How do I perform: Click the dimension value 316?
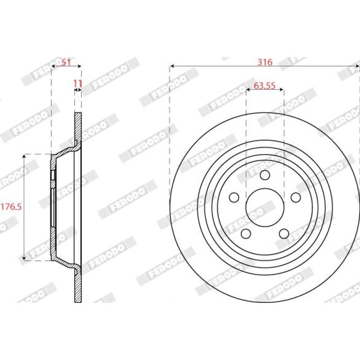265,62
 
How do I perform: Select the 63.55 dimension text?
265,85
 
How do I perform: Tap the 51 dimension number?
66,62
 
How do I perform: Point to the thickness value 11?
78,84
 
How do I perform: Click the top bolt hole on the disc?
265,175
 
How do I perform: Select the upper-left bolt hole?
234,198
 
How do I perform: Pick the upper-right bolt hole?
296,198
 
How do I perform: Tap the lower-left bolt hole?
246,234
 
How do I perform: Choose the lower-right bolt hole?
284,234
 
